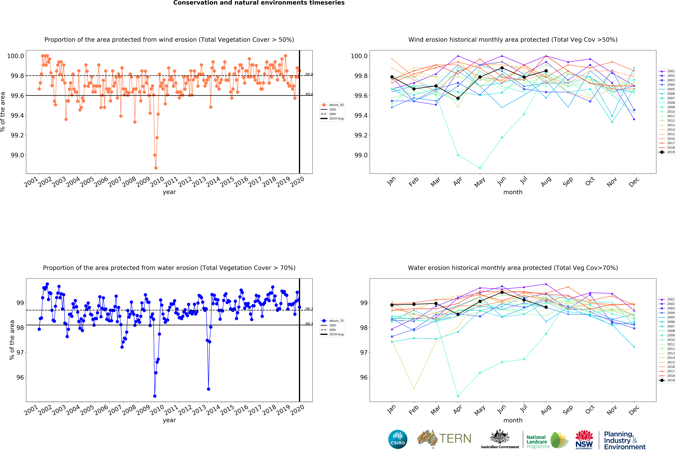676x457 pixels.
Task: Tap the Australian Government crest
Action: (x=499, y=436)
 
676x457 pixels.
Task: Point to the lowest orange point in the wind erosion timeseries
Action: (x=156, y=168)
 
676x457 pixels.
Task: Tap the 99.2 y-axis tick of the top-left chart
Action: (x=17, y=135)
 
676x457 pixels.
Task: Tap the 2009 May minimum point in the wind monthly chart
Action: (x=480, y=168)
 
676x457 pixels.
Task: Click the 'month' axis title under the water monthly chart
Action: (x=513, y=420)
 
